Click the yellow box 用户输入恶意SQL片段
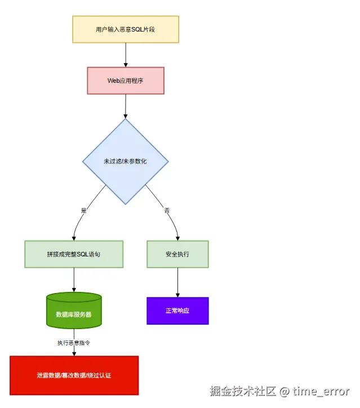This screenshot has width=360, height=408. (125, 29)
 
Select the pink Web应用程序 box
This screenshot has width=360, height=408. (125, 81)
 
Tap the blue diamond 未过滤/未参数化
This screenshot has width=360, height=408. (125, 161)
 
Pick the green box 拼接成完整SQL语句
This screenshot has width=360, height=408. (74, 254)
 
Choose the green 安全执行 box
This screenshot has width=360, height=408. (177, 254)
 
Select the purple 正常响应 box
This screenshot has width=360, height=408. (177, 311)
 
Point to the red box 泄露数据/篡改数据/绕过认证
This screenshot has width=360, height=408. (74, 375)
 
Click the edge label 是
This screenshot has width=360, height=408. (84, 210)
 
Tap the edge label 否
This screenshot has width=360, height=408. (167, 210)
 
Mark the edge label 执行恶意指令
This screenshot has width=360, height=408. (74, 343)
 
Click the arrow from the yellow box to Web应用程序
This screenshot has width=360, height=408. (125, 55)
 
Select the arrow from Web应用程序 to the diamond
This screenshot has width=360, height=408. (125, 106)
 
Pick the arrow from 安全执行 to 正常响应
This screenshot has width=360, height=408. (177, 282)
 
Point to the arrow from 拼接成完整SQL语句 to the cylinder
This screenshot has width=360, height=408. (74, 280)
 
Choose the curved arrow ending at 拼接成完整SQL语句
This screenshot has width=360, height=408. (79, 223)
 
